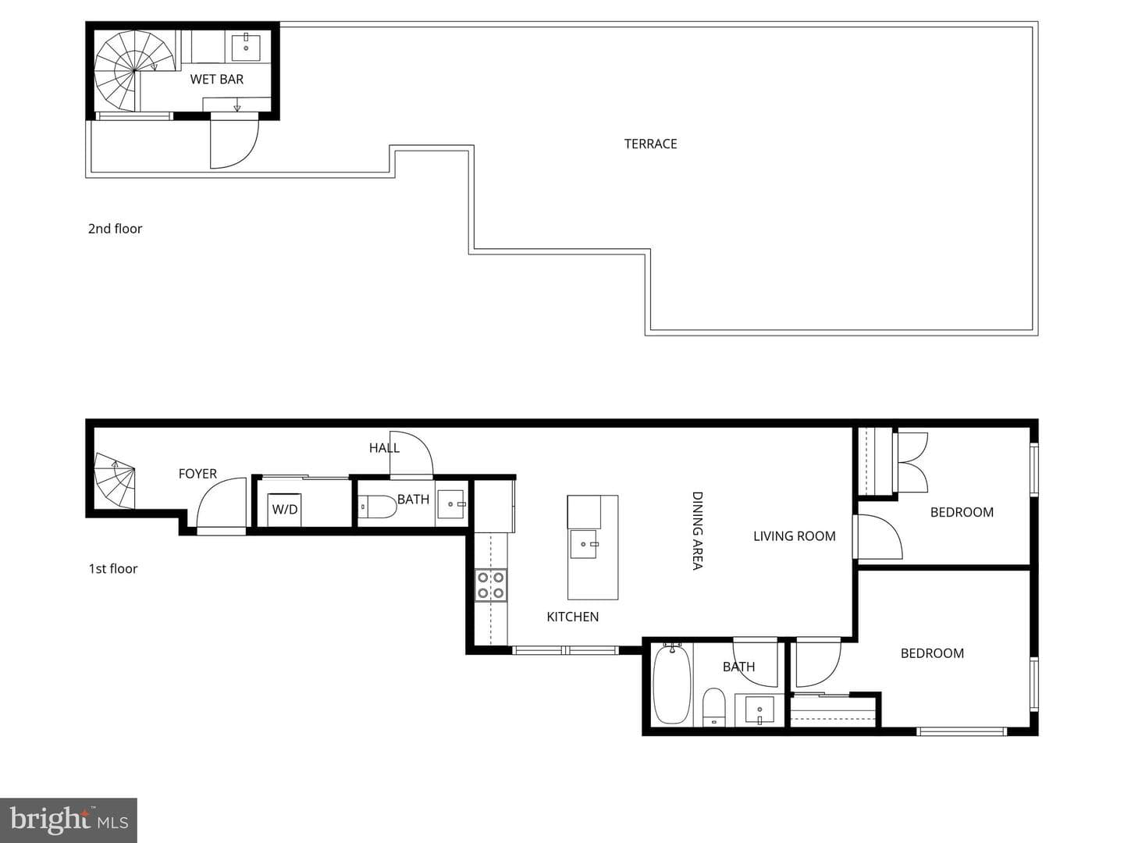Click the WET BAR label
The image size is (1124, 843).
pyautogui.click(x=217, y=80)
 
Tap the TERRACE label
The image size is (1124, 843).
pyautogui.click(x=650, y=144)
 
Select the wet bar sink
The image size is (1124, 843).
pyautogui.click(x=247, y=48)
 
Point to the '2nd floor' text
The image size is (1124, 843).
pyautogui.click(x=115, y=228)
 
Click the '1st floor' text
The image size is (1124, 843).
pyautogui.click(x=113, y=569)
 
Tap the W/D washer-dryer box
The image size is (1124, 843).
pyautogui.click(x=284, y=509)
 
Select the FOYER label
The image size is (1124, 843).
pyautogui.click(x=197, y=474)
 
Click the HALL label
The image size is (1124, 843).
pyautogui.click(x=384, y=448)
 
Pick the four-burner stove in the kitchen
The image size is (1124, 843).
pyautogui.click(x=491, y=585)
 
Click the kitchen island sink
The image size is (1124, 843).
pyautogui.click(x=584, y=544)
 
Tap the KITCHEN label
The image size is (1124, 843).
pyautogui.click(x=572, y=617)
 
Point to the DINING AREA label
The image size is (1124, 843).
pyautogui.click(x=697, y=531)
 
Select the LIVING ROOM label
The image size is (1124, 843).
pyautogui.click(x=795, y=536)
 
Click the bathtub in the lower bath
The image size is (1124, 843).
pyautogui.click(x=671, y=684)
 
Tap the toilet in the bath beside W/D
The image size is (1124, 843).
pyautogui.click(x=376, y=507)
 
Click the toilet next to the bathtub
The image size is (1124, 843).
pyautogui.click(x=713, y=707)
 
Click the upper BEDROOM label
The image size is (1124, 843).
pyautogui.click(x=962, y=512)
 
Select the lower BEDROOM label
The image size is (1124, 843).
pyautogui.click(x=932, y=653)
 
